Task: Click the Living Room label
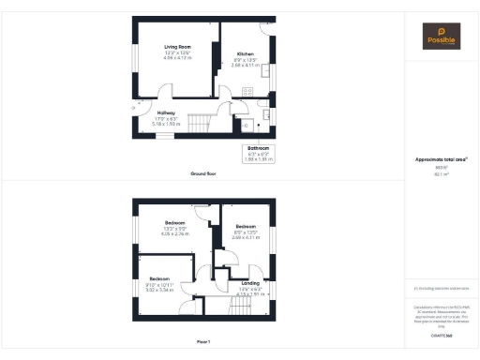point(178,46)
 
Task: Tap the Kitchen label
point(246,53)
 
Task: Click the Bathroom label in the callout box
point(259,149)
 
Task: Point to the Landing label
point(250,282)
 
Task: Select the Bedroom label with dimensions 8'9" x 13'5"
point(246,227)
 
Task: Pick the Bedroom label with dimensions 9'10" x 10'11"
point(158,278)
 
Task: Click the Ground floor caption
point(203,174)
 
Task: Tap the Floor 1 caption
point(203,340)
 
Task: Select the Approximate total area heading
point(440,159)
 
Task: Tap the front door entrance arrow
point(133,106)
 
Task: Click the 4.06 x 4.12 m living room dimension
point(178,58)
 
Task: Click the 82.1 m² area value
point(440,173)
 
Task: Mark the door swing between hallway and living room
point(165,92)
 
